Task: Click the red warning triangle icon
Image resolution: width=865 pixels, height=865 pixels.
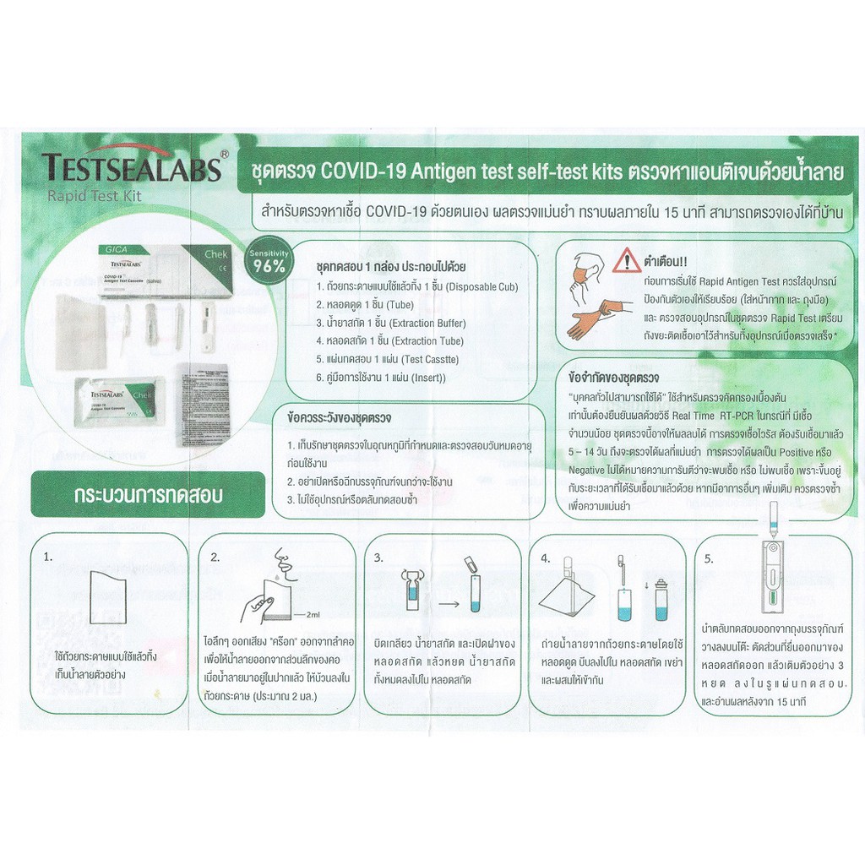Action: (627, 261)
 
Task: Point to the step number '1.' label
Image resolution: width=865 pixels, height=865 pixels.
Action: (48, 558)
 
